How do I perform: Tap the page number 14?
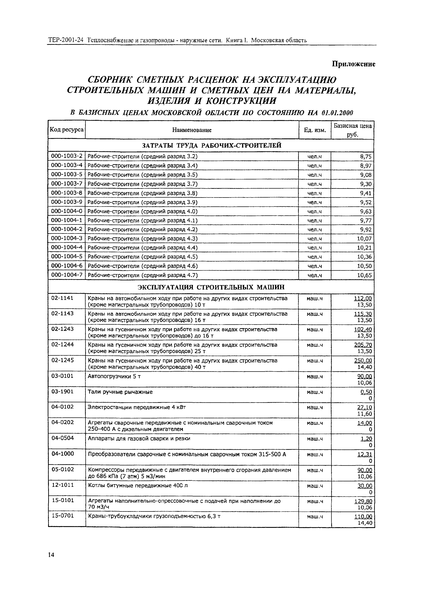51,555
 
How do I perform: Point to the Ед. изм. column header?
315,130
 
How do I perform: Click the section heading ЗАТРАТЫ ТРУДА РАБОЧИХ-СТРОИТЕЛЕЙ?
211,145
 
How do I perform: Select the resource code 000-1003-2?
67,156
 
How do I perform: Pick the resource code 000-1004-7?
67,275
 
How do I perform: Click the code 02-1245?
62,360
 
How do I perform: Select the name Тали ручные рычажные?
120,392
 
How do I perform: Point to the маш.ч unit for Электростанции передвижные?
315,408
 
